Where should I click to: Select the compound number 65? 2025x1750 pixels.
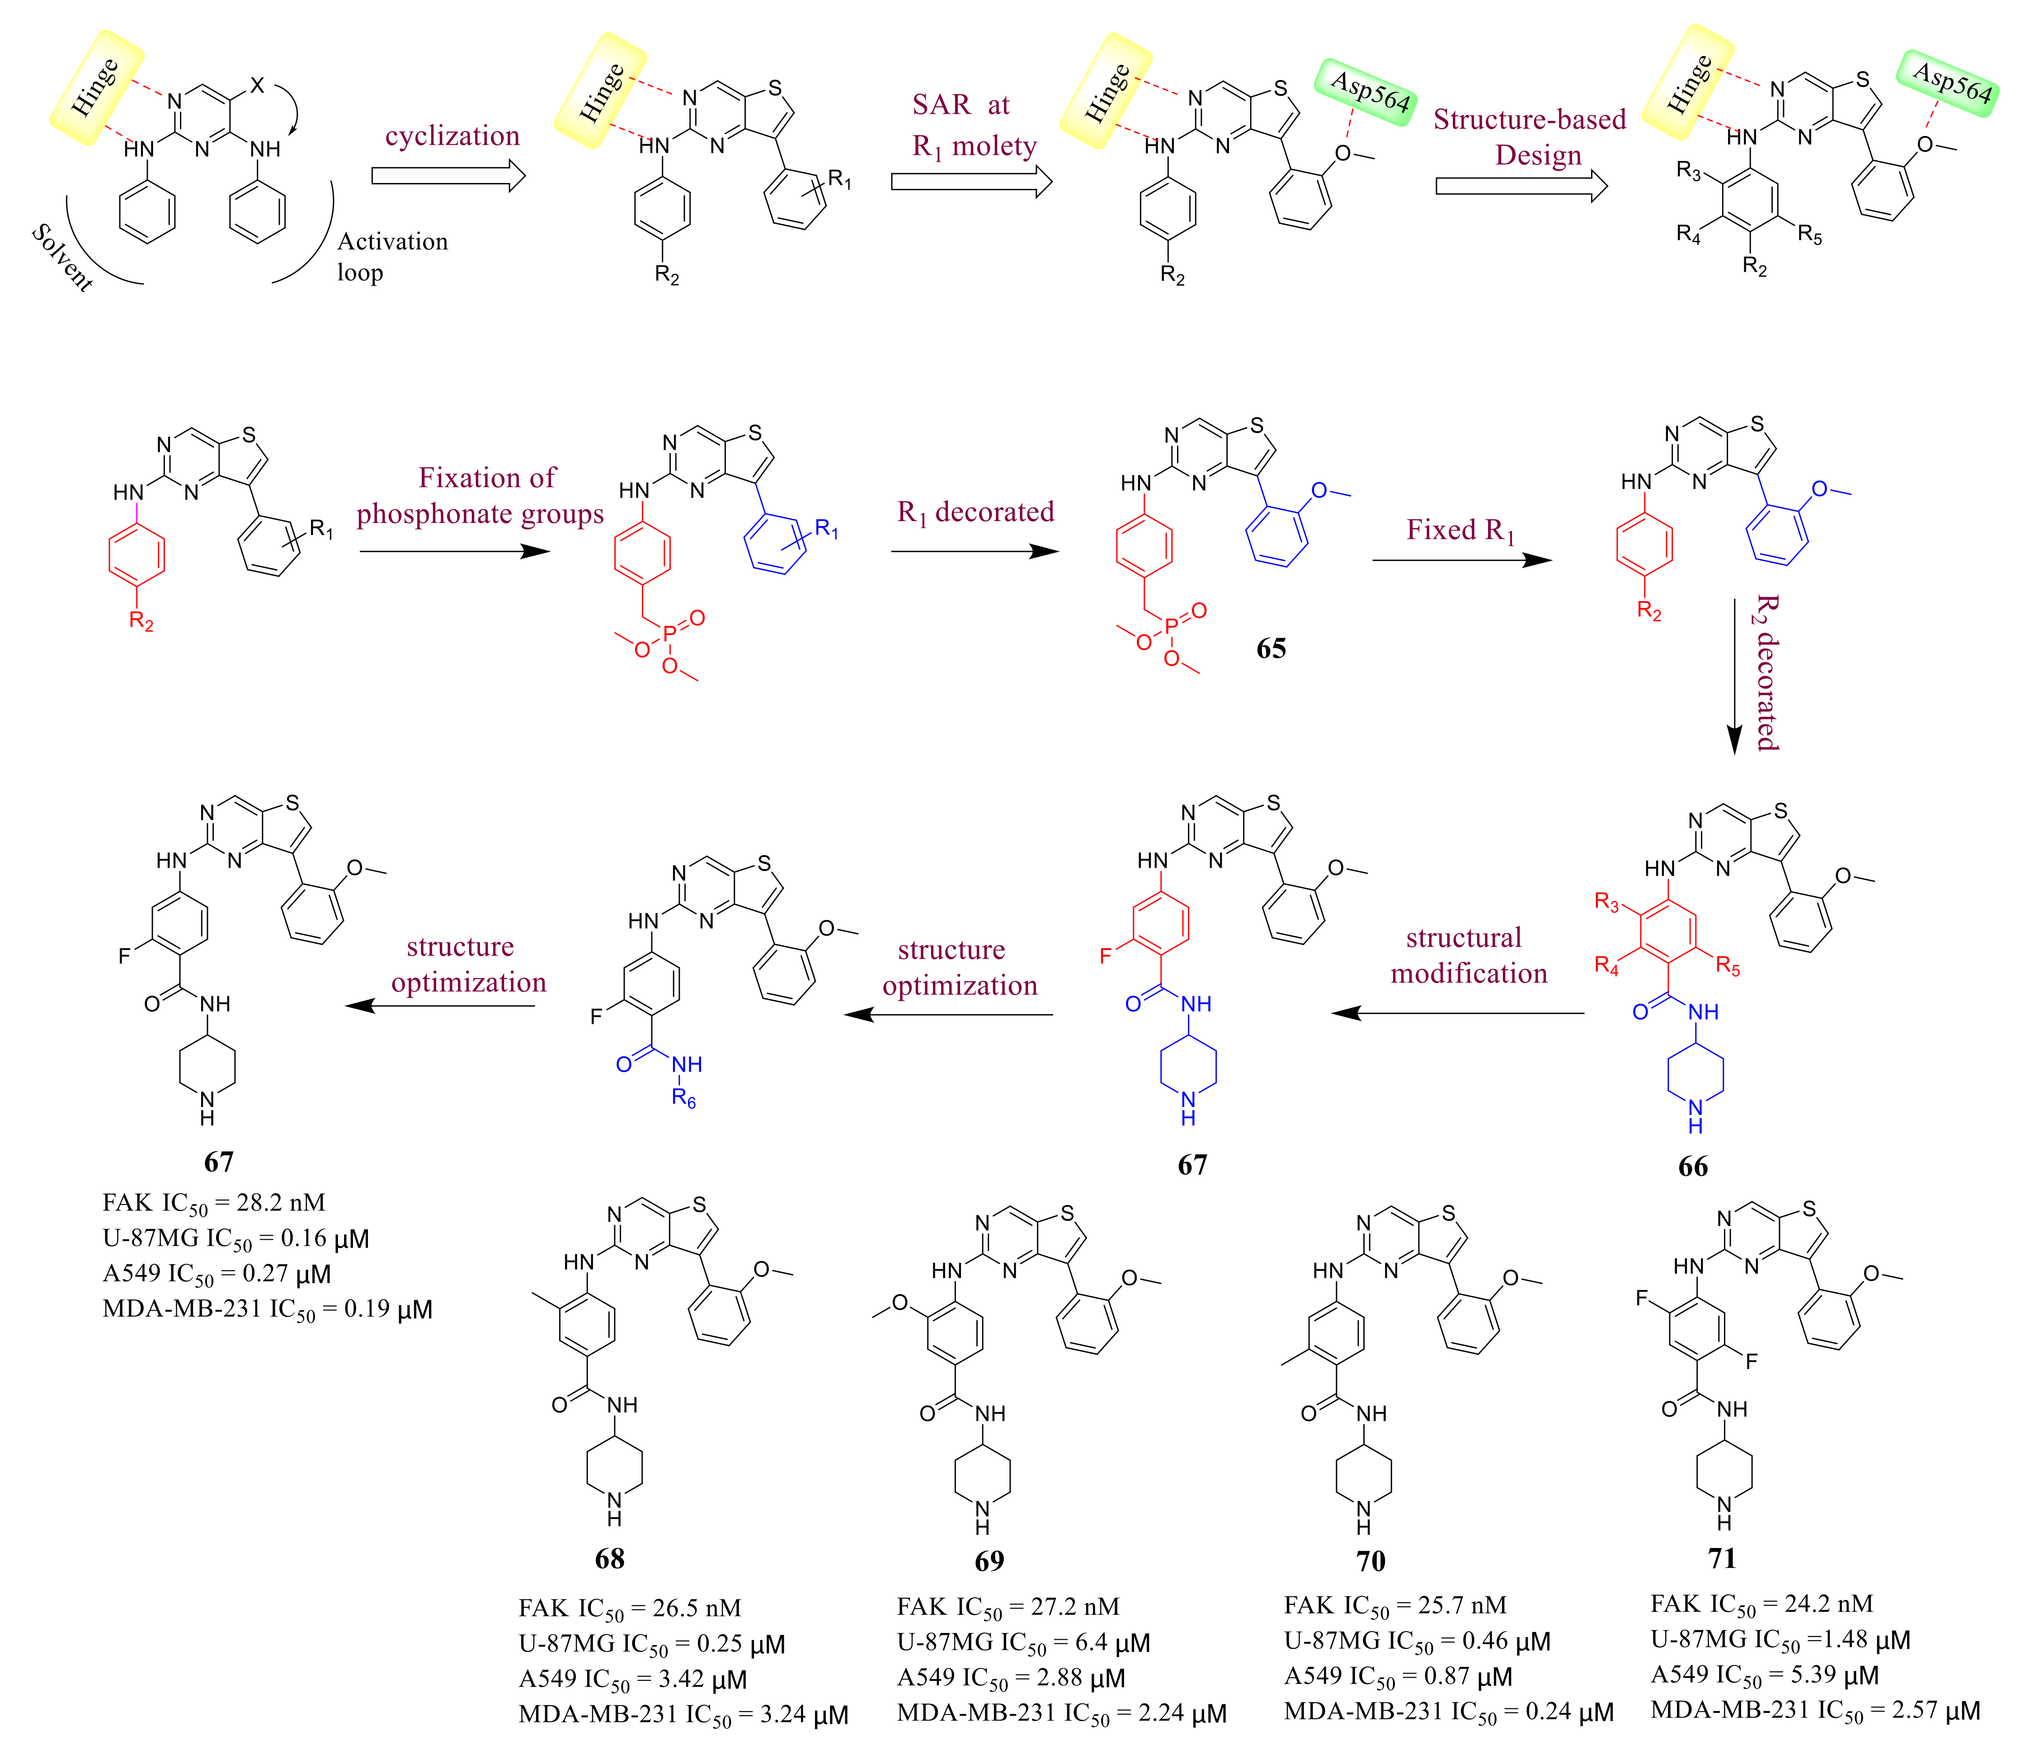tap(1271, 649)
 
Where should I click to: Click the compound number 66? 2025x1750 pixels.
tap(1693, 1166)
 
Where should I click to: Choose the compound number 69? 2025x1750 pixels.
tap(989, 1561)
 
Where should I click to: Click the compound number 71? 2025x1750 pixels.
tap(1722, 1557)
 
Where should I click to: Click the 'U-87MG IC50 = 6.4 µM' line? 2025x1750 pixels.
tap(1023, 1642)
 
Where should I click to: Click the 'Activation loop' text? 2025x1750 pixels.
tap(392, 256)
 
